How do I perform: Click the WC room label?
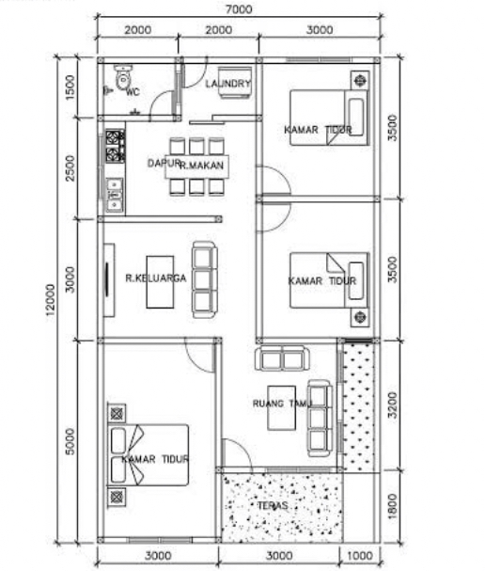pyautogui.click(x=132, y=91)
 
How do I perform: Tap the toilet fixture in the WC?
pyautogui.click(x=122, y=77)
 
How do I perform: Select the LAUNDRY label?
pyautogui.click(x=228, y=84)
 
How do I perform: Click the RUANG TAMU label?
pyautogui.click(x=281, y=404)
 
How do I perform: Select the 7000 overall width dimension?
pyautogui.click(x=239, y=8)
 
